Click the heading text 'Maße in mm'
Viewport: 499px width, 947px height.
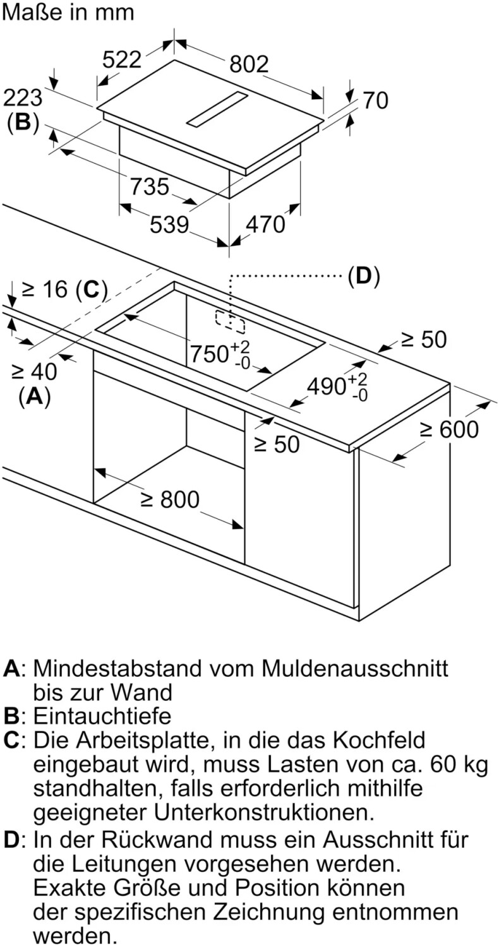click(68, 12)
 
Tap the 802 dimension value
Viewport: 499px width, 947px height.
click(249, 64)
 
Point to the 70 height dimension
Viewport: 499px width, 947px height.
click(376, 100)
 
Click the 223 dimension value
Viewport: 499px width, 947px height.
click(23, 98)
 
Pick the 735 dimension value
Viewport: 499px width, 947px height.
click(149, 186)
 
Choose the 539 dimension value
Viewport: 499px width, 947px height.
click(169, 225)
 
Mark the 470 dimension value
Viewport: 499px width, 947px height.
click(265, 224)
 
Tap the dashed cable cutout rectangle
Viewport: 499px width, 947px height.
click(230, 322)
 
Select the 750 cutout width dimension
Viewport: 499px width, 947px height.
click(220, 354)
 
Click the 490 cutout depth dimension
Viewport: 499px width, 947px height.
click(337, 387)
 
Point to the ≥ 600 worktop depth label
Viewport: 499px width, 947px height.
click(449, 429)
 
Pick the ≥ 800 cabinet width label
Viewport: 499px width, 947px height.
click(170, 499)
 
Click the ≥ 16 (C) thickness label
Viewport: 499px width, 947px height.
click(64, 290)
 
